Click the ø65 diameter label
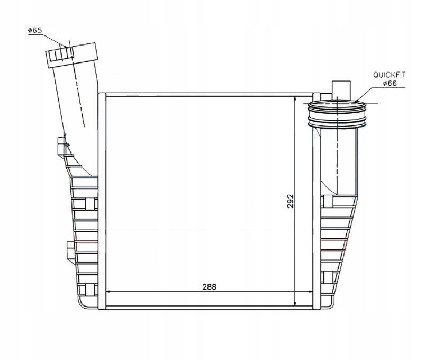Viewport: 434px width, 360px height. pyautogui.click(x=35, y=30)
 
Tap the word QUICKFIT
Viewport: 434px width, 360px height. pyautogui.click(x=389, y=75)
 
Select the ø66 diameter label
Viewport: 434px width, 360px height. pyautogui.click(x=390, y=83)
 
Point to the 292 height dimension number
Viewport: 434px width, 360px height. pyautogui.click(x=290, y=201)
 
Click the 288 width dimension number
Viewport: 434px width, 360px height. pyautogui.click(x=209, y=287)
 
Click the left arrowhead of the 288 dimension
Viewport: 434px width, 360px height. pyautogui.click(x=108, y=291)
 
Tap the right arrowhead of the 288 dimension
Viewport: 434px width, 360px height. pyautogui.click(x=310, y=291)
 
